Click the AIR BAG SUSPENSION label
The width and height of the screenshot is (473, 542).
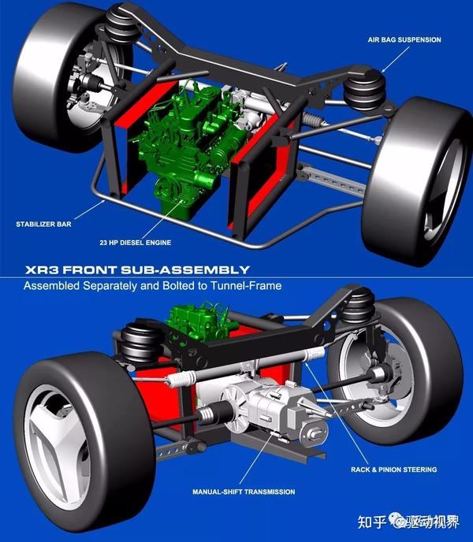[x=404, y=39]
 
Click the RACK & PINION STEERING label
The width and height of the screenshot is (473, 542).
[x=393, y=470]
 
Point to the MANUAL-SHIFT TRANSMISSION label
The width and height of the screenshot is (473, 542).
[x=244, y=492]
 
